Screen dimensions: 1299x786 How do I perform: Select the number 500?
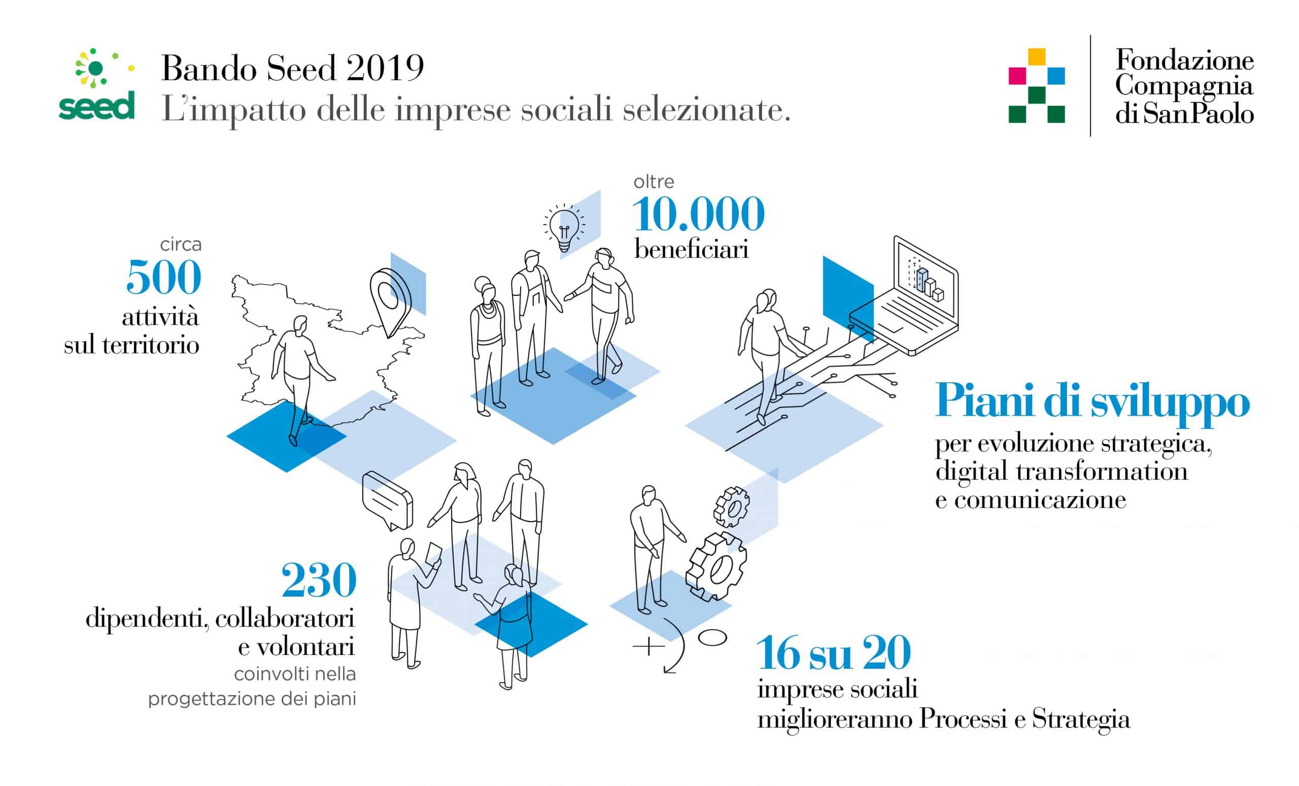point(164,277)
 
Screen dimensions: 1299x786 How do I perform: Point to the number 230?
point(319,580)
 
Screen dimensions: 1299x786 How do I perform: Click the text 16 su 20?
point(834,653)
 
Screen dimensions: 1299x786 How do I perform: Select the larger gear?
point(716,567)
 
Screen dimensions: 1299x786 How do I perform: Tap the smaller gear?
point(732,507)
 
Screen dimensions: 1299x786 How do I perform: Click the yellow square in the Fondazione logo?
point(1037,56)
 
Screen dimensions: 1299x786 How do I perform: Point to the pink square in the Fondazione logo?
point(1017,76)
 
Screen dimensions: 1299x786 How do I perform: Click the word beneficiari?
point(691,249)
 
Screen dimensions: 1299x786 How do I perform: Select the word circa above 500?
point(181,245)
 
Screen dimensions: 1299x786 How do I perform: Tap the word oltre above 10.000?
point(654,182)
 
